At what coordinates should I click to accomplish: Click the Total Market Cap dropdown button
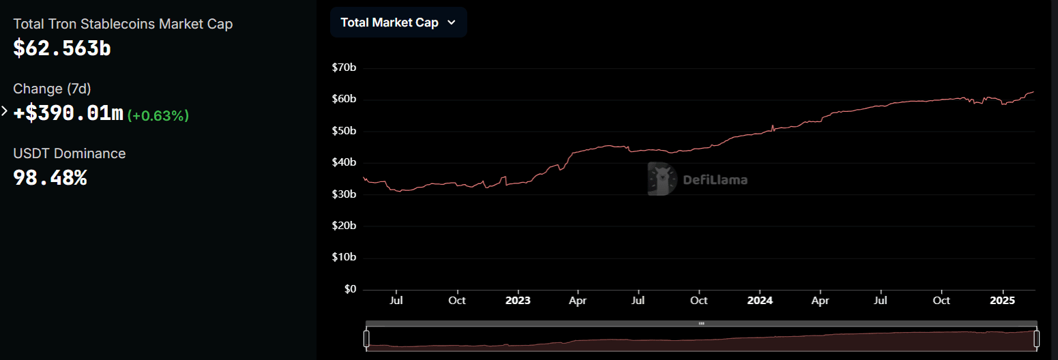pyautogui.click(x=398, y=22)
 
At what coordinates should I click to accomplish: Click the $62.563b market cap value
pyautogui.click(x=62, y=48)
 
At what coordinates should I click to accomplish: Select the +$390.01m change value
pyautogui.click(x=68, y=113)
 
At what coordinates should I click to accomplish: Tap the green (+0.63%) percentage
pyautogui.click(x=158, y=115)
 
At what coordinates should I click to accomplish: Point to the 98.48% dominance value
pyautogui.click(x=50, y=178)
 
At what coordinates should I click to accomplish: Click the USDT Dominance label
pyautogui.click(x=70, y=153)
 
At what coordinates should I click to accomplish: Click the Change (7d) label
pyautogui.click(x=52, y=89)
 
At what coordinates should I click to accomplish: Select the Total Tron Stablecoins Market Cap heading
pyautogui.click(x=123, y=24)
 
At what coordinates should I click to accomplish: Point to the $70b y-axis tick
pyautogui.click(x=344, y=67)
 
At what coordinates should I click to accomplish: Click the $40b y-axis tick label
pyautogui.click(x=344, y=162)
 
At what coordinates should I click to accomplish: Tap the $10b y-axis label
pyautogui.click(x=344, y=257)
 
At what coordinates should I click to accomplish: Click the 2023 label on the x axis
pyautogui.click(x=518, y=300)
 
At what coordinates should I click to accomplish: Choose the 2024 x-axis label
pyautogui.click(x=759, y=300)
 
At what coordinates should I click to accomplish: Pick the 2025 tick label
pyautogui.click(x=1002, y=300)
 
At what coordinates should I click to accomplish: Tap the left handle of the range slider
pyautogui.click(x=366, y=337)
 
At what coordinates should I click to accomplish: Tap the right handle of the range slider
pyautogui.click(x=1037, y=337)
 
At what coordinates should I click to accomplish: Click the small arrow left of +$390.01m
pyautogui.click(x=5, y=111)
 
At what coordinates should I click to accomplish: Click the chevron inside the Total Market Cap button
pyautogui.click(x=451, y=22)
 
